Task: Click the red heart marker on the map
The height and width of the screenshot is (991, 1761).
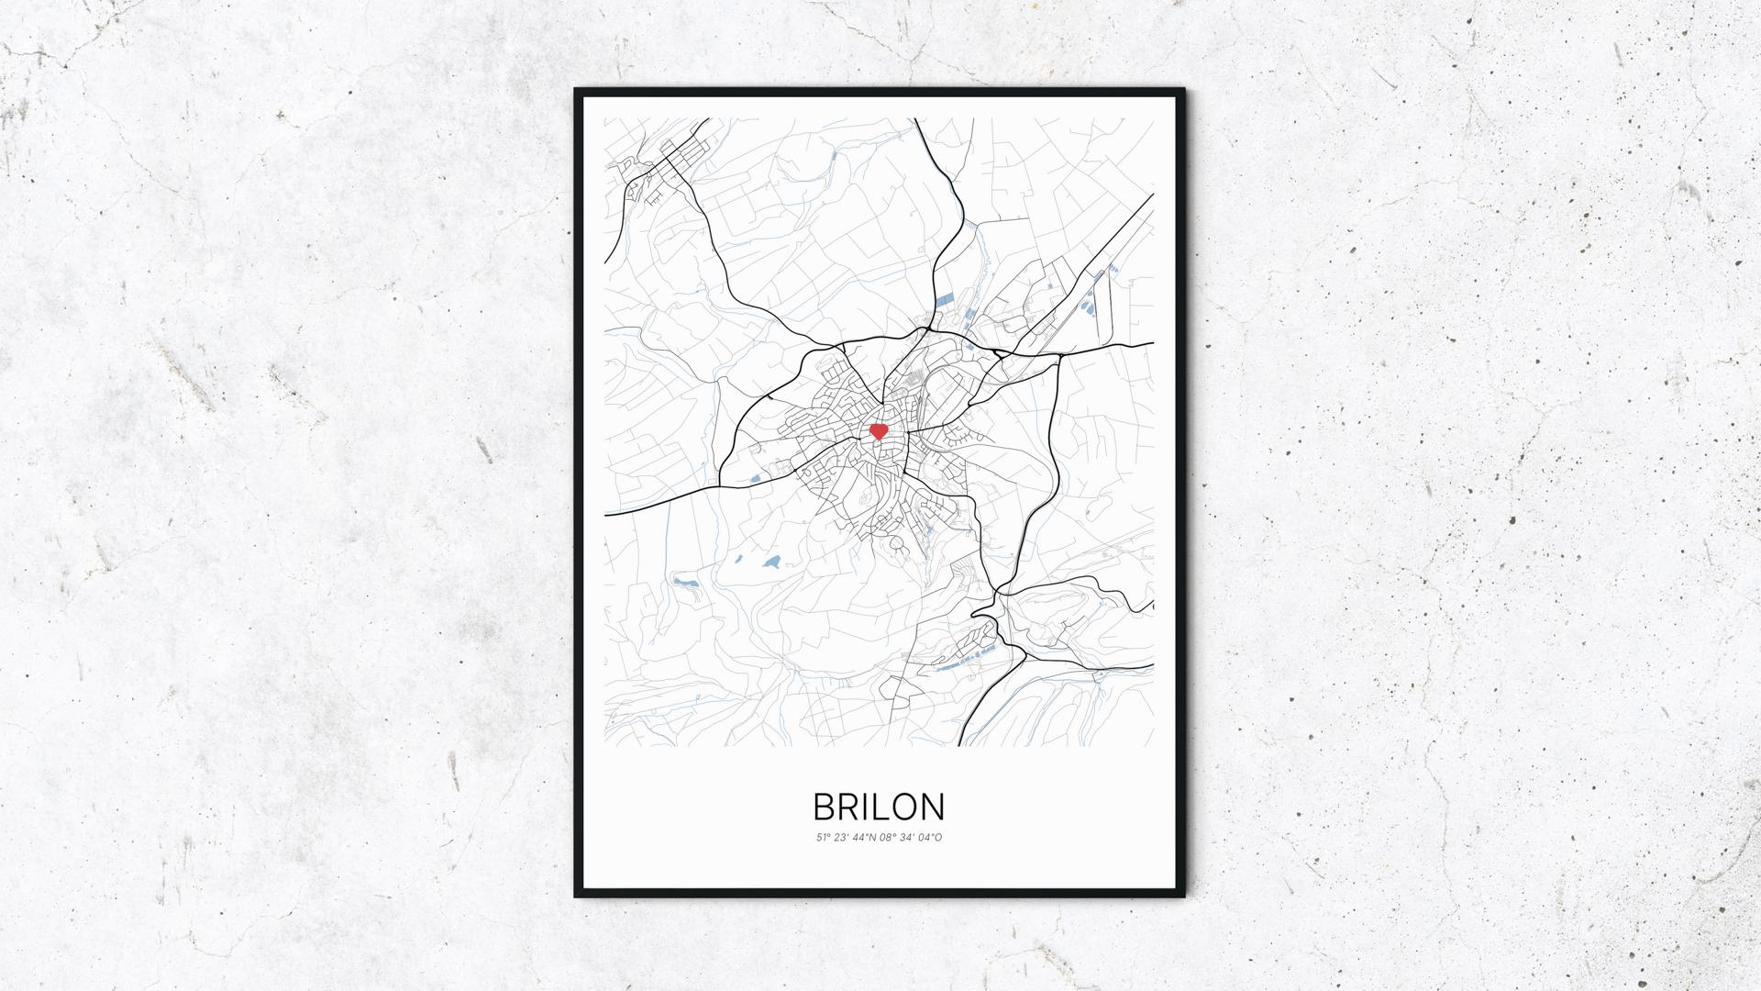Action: point(878,431)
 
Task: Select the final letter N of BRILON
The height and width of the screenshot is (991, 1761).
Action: point(932,807)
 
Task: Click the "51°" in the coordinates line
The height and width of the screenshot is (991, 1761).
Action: point(823,837)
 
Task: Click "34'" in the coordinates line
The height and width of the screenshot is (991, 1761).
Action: point(910,837)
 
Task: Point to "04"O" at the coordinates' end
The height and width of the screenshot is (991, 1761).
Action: point(931,837)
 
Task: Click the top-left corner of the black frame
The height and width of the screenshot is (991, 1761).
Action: point(576,90)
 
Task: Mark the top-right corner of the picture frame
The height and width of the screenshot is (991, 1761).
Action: point(1183,90)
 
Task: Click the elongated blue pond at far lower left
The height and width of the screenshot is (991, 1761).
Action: point(684,582)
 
